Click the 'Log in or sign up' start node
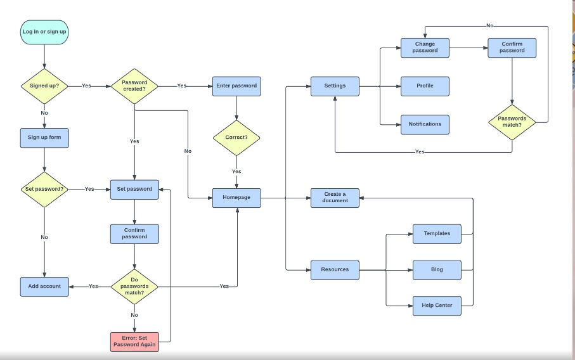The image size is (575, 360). pyautogui.click(x=44, y=32)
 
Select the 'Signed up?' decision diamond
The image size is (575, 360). pyautogui.click(x=44, y=86)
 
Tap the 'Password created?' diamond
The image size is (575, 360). pyautogui.click(x=134, y=86)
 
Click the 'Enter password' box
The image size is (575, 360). pyautogui.click(x=236, y=86)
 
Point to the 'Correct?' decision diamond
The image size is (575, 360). pyautogui.click(x=236, y=137)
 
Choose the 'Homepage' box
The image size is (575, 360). pyautogui.click(x=236, y=198)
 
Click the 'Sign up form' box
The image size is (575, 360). pyautogui.click(x=44, y=138)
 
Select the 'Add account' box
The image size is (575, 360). pyautogui.click(x=44, y=286)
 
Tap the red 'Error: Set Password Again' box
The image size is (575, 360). pyautogui.click(x=134, y=341)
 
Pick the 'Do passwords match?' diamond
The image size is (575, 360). pyautogui.click(x=134, y=286)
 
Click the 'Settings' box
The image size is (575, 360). pyautogui.click(x=335, y=86)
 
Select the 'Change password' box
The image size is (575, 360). pyautogui.click(x=425, y=48)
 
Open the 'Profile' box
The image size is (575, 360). pyautogui.click(x=425, y=86)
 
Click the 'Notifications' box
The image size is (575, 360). pyautogui.click(x=425, y=124)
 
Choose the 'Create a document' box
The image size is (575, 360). pyautogui.click(x=335, y=198)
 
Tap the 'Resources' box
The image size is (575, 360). pyautogui.click(x=335, y=269)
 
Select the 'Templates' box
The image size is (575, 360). pyautogui.click(x=437, y=233)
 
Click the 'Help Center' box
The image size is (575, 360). pyautogui.click(x=437, y=305)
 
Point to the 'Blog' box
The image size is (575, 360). pyautogui.click(x=437, y=269)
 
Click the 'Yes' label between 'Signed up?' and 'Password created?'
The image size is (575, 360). pyautogui.click(x=86, y=86)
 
